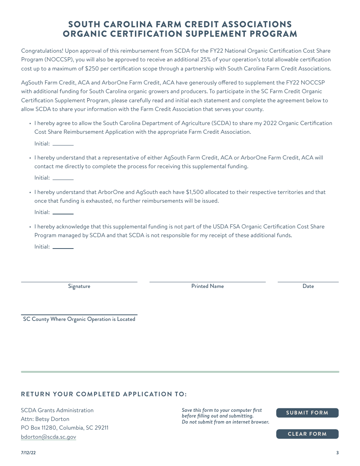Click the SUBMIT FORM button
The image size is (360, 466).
click(x=307, y=413)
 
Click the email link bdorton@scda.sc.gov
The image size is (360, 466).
click(x=49, y=437)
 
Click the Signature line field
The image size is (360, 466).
click(x=79, y=278)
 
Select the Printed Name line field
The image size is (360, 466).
click(x=207, y=278)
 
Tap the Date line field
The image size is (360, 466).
click(x=308, y=278)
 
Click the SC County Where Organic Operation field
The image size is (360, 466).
click(x=79, y=311)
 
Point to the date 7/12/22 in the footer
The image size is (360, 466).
click(x=28, y=453)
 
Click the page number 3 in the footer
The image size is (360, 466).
click(x=337, y=453)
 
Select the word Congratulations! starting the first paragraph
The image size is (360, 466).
click(x=42, y=51)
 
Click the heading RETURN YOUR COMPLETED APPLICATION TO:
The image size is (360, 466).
click(x=104, y=394)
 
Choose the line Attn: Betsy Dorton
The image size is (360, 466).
click(x=45, y=419)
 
